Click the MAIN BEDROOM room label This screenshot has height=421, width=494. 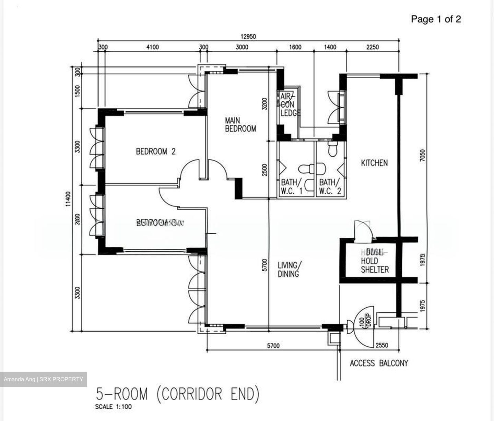pyautogui.click(x=240, y=125)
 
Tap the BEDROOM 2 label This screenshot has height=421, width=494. pyautogui.click(x=155, y=151)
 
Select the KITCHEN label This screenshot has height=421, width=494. pyautogui.click(x=374, y=163)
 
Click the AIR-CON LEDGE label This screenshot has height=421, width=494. pyautogui.click(x=290, y=105)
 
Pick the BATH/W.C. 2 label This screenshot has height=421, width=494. pyautogui.click(x=330, y=187)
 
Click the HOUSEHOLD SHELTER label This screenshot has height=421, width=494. pyautogui.click(x=375, y=261)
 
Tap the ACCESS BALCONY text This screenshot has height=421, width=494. pyautogui.click(x=379, y=363)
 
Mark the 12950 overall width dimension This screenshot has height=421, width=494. pyautogui.click(x=248, y=36)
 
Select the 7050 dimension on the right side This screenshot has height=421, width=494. pyautogui.click(x=423, y=156)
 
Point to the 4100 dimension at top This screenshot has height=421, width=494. pyautogui.click(x=152, y=47)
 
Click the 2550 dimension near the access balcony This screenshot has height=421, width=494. pyautogui.click(x=382, y=345)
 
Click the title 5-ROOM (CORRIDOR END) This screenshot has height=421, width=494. pyautogui.click(x=177, y=394)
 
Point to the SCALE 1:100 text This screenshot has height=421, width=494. pyautogui.click(x=113, y=407)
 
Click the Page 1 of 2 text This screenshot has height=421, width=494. pyautogui.click(x=436, y=19)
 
